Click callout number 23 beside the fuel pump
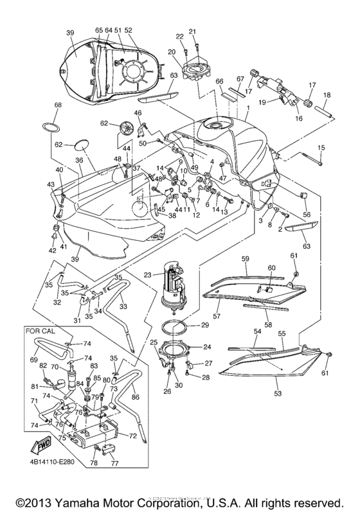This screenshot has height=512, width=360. tap(147, 274)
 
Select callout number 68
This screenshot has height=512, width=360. tap(58, 105)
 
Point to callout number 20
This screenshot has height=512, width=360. tap(172, 51)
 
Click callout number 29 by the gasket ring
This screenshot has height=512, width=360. tap(205, 326)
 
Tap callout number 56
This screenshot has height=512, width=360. tap(306, 215)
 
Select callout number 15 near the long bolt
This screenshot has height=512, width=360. tap(321, 148)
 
